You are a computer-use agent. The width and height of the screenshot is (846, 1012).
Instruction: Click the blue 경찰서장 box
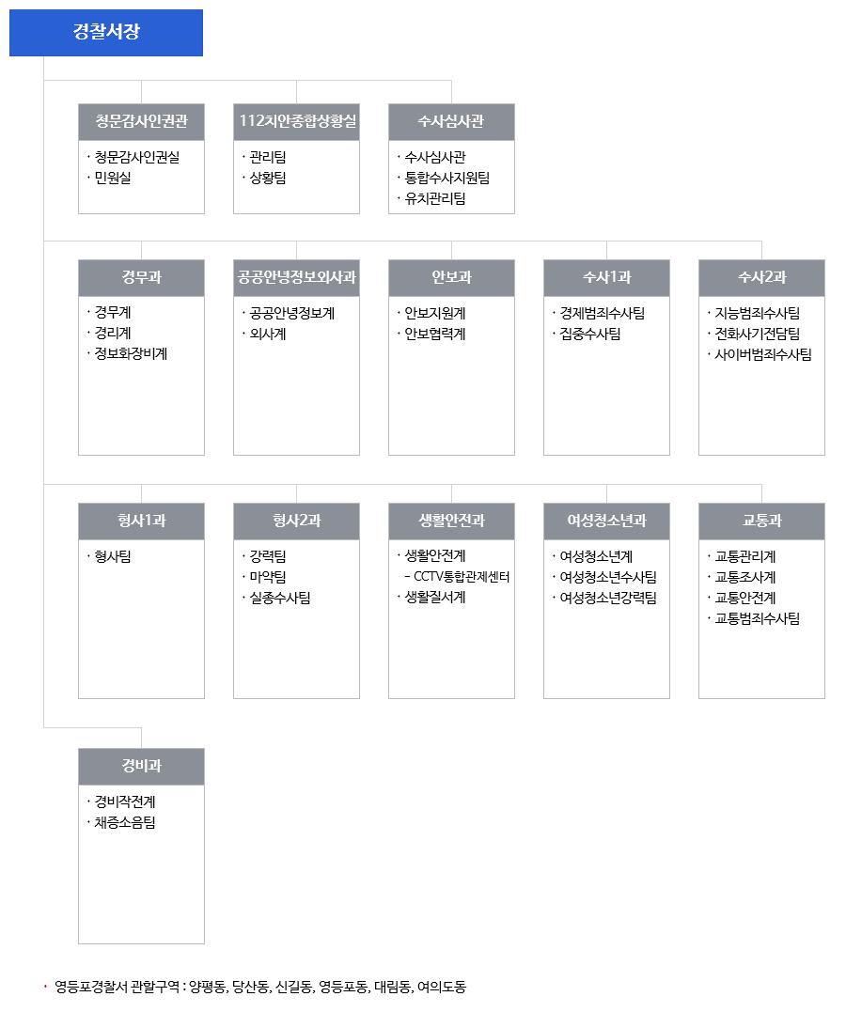[x=106, y=33]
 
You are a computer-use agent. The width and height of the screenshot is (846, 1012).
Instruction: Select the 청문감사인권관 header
[x=141, y=122]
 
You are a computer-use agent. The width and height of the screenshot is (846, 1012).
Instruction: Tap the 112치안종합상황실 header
[x=296, y=122]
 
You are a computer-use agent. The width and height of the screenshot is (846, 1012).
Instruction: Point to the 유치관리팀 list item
[x=435, y=199]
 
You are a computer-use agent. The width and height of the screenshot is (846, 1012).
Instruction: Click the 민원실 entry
[x=113, y=179]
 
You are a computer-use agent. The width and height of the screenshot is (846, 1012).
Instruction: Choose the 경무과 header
[x=141, y=278]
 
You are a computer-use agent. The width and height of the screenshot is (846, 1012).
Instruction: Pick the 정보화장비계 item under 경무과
[x=131, y=353]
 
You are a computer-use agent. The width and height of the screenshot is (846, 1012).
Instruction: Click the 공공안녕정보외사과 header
[x=296, y=278]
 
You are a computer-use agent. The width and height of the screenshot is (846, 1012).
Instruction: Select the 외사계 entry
[x=268, y=335]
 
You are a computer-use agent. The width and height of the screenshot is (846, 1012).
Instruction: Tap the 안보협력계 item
[x=435, y=335]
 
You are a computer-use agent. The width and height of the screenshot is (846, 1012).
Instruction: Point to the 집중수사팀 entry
[x=590, y=335]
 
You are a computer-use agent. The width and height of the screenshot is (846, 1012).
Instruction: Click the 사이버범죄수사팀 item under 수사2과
[x=763, y=354]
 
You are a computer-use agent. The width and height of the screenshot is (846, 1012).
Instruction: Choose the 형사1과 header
[x=141, y=522]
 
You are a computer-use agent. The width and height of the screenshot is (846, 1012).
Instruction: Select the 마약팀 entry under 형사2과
[x=268, y=577]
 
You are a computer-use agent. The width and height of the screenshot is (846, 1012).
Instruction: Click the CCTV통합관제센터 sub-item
[x=462, y=577]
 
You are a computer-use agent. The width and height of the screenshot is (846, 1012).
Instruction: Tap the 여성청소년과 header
[x=606, y=522]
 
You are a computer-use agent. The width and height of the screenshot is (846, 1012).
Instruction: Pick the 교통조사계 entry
[x=745, y=578]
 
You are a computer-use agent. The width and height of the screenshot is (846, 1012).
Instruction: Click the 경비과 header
[x=141, y=767]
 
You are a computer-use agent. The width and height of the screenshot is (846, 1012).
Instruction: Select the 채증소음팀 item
[x=125, y=823]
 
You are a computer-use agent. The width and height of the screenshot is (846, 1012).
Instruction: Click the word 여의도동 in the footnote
[x=442, y=987]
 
